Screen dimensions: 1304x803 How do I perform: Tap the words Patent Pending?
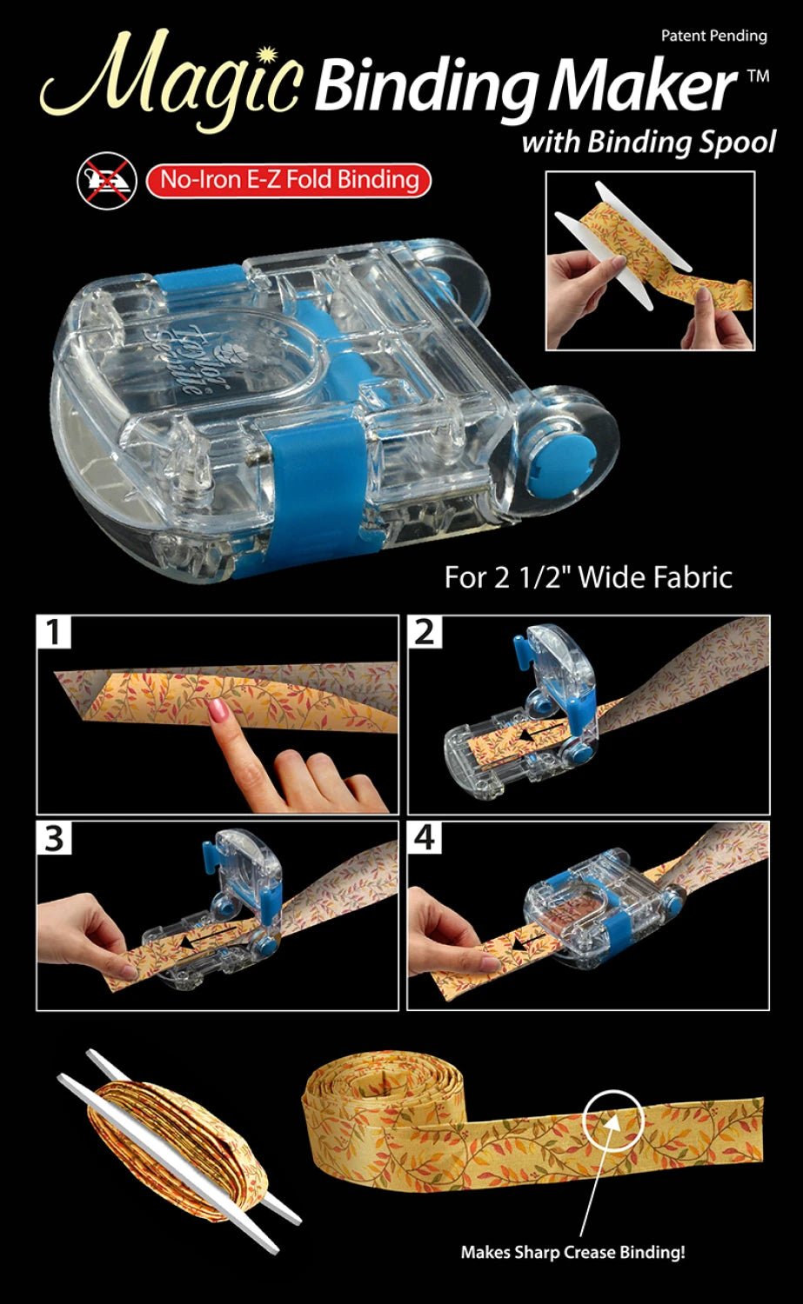(x=713, y=36)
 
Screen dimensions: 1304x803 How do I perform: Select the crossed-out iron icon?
(x=103, y=181)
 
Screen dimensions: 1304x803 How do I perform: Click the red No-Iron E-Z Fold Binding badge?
(x=288, y=180)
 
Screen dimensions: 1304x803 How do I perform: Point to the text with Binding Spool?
(x=647, y=142)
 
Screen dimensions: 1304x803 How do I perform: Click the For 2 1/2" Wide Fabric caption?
(x=588, y=577)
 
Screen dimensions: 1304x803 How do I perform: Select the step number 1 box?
(x=54, y=632)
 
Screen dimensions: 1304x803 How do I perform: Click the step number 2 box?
(x=425, y=632)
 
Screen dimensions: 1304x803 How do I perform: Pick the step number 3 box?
(x=54, y=839)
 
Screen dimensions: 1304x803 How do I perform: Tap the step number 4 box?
(x=425, y=839)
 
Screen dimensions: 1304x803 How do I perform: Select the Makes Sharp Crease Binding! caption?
(x=572, y=1253)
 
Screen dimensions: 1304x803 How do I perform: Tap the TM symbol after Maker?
(x=758, y=77)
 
